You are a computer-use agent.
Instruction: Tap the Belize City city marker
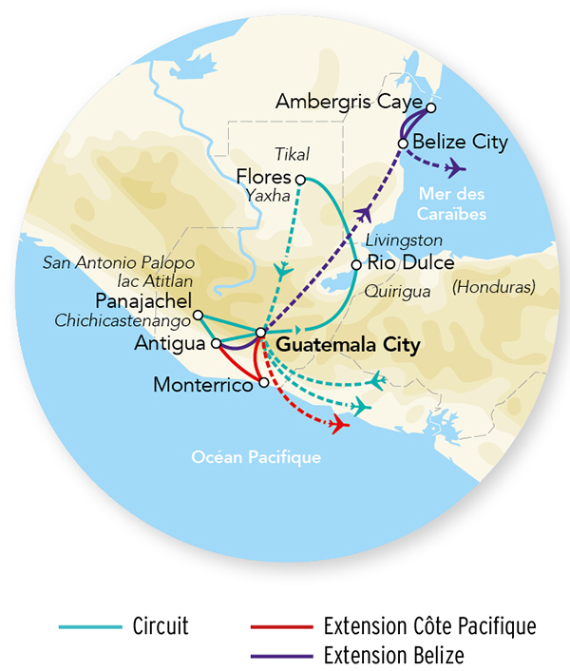(404, 144)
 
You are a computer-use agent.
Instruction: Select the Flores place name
(263, 178)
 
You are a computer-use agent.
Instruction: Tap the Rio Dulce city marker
(356, 265)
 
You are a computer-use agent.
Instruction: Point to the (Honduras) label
(494, 286)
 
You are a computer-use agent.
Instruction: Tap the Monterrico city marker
(263, 384)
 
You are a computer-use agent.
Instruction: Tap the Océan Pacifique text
(256, 457)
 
